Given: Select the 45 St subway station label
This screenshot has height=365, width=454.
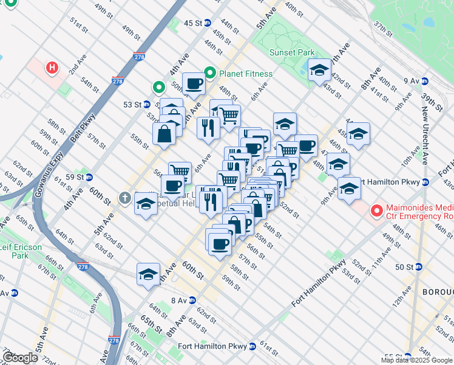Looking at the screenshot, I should (x=193, y=23).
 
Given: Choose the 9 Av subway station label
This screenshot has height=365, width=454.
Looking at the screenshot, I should (x=412, y=80).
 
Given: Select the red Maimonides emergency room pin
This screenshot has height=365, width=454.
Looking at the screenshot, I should (x=376, y=212).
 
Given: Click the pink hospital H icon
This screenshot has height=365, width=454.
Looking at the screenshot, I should (x=53, y=67).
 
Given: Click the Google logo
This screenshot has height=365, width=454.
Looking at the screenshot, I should (x=19, y=358).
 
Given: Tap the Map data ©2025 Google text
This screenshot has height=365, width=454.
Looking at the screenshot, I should (x=416, y=360).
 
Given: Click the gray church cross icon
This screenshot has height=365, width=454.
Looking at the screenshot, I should (x=124, y=197).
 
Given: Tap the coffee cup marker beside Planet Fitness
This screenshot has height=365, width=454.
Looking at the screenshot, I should (x=194, y=83).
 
